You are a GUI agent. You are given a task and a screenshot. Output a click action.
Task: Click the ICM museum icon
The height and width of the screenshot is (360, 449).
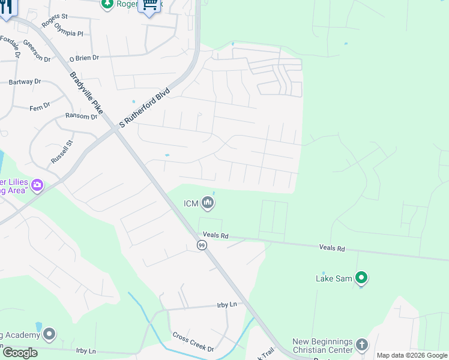(x=208, y=203)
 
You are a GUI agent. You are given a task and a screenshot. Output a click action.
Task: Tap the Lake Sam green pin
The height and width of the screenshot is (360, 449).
(x=361, y=278)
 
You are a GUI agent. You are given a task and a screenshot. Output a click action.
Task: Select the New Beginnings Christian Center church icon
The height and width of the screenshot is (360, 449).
(x=361, y=344)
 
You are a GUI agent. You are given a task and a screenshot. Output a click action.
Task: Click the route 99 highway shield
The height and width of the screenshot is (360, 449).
(x=202, y=245)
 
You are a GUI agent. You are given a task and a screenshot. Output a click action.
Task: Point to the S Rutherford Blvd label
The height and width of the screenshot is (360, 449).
(x=145, y=108)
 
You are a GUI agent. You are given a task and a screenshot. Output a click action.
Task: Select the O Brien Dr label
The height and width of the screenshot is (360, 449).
(x=84, y=58)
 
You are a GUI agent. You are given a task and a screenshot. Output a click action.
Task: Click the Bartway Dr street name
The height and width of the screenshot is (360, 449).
(x=25, y=82)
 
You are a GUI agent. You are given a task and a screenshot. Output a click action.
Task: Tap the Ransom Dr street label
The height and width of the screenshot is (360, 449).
(x=81, y=116)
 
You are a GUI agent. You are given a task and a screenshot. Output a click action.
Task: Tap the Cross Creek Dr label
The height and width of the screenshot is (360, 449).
(x=193, y=342)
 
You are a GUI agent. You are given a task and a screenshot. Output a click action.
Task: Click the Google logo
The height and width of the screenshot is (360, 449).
(x=19, y=353)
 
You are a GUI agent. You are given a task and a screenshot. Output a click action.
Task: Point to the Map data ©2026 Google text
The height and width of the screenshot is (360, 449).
(x=412, y=355)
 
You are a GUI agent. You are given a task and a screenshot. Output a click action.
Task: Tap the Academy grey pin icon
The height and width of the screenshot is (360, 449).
(x=49, y=334)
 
